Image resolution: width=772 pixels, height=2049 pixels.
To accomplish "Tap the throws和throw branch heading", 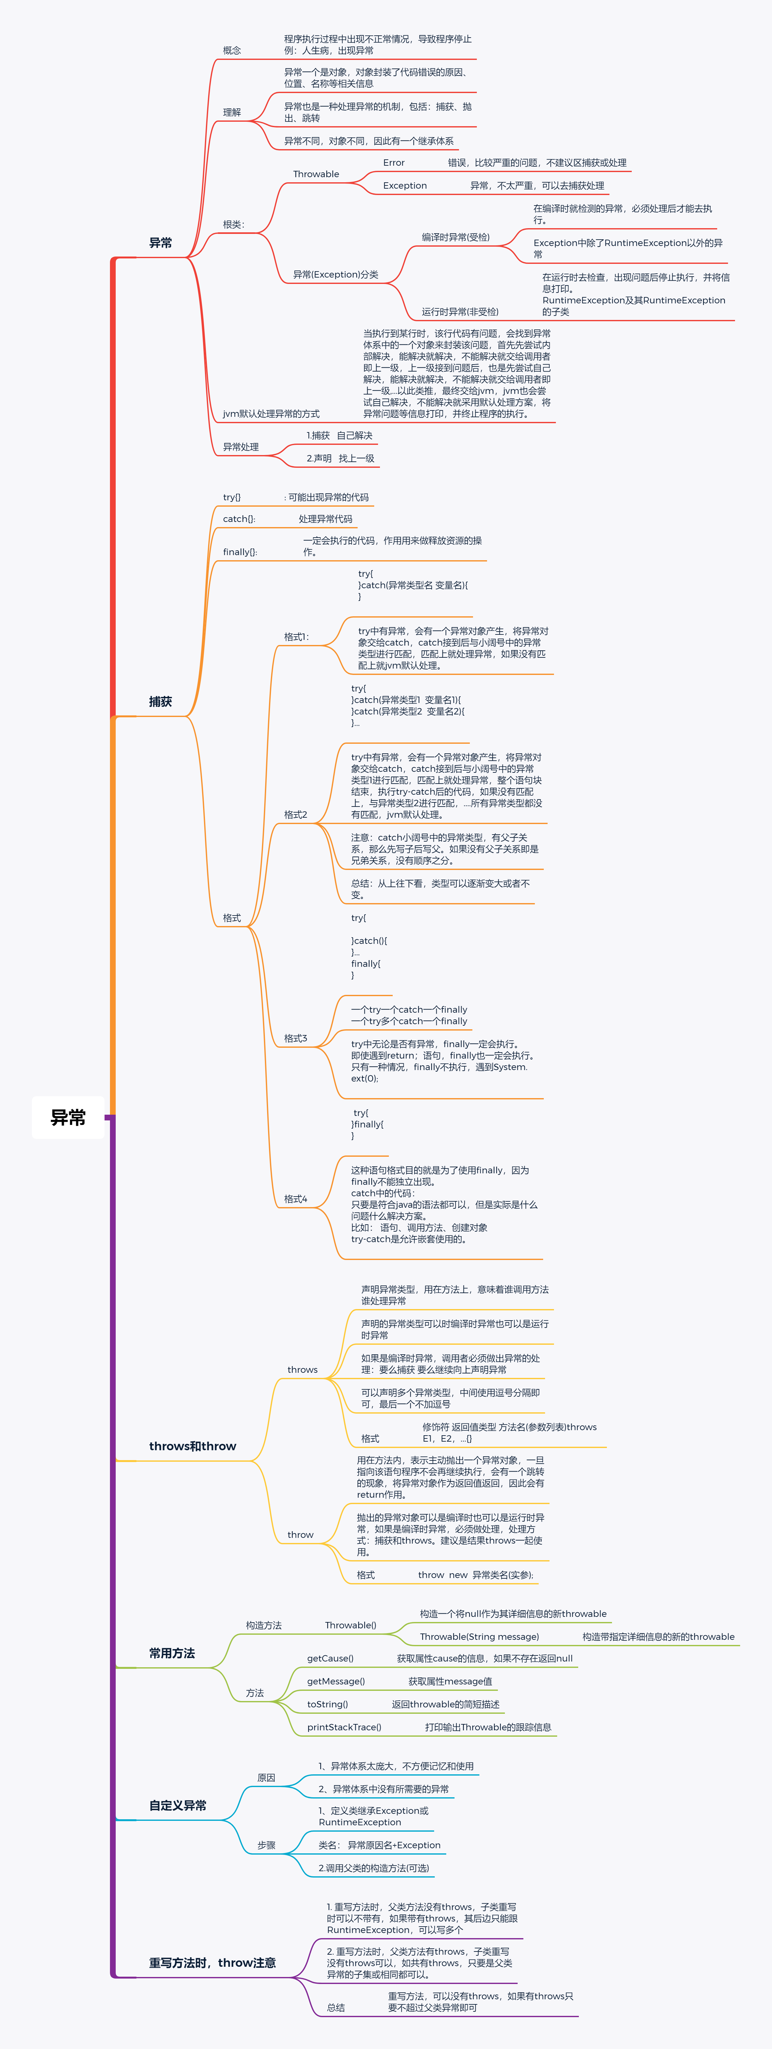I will pos(193,1446).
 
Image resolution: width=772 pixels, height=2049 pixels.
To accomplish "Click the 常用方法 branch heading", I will pos(172,1653).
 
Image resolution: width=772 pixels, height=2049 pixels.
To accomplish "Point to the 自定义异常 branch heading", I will pos(178,1806).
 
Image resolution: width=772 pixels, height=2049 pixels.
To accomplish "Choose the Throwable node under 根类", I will pos(316,174).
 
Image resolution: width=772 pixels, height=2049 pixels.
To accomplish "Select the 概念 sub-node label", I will pos(232,50).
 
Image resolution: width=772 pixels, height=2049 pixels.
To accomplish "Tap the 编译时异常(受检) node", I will pos(455,237).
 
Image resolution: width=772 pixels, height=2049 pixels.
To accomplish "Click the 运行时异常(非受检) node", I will pos(460,312).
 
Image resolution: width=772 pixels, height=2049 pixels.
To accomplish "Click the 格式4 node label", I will pos(295,1199).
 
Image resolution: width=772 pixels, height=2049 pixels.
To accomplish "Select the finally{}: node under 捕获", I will pos(240,552).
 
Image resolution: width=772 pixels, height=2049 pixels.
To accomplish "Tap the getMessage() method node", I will pos(336,1682).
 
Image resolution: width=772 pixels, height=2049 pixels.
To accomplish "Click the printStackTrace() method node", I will pos(344,1727).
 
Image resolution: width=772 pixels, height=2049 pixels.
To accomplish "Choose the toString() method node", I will pos(327,1705).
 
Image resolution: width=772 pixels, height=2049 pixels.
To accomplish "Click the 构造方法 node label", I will pos(263,1625).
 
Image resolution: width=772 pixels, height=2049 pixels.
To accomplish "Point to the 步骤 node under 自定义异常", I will pos(266,1845).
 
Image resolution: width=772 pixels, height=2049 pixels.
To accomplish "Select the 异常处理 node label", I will pos(240,447).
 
